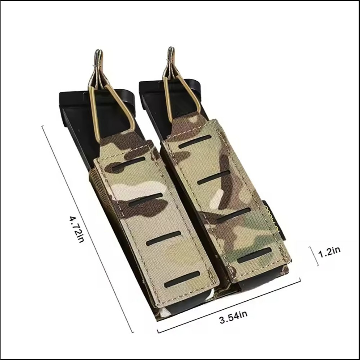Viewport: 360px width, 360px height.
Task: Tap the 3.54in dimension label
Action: click(x=233, y=317)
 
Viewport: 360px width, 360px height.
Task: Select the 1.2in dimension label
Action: click(x=329, y=252)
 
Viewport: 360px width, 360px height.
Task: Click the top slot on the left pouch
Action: click(x=129, y=164)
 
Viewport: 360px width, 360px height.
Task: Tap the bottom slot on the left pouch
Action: click(x=182, y=279)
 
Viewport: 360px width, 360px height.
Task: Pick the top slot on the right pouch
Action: click(x=195, y=142)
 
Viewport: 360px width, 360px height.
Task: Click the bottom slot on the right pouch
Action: click(x=254, y=255)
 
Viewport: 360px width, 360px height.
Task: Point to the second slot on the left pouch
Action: click(x=146, y=200)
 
